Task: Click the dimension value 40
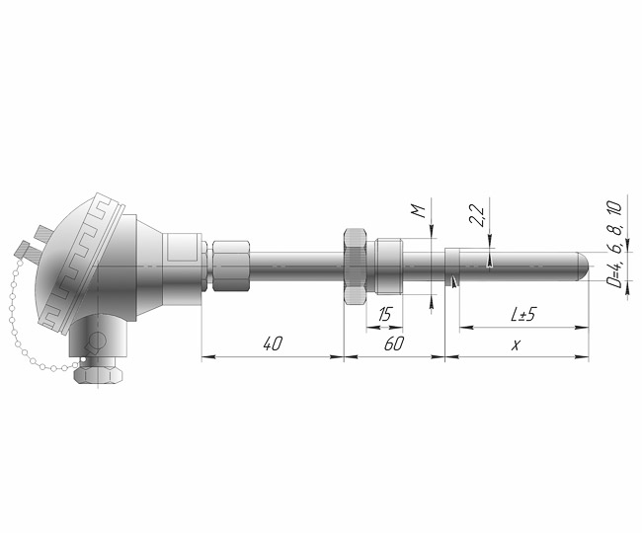coord(273,343)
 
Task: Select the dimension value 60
coord(394,343)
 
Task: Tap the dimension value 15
coord(384,315)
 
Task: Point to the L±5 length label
coord(522,314)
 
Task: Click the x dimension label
coord(516,345)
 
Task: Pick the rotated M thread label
coord(418,211)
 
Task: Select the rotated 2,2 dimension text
coord(477,215)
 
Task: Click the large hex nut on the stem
coord(355,266)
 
